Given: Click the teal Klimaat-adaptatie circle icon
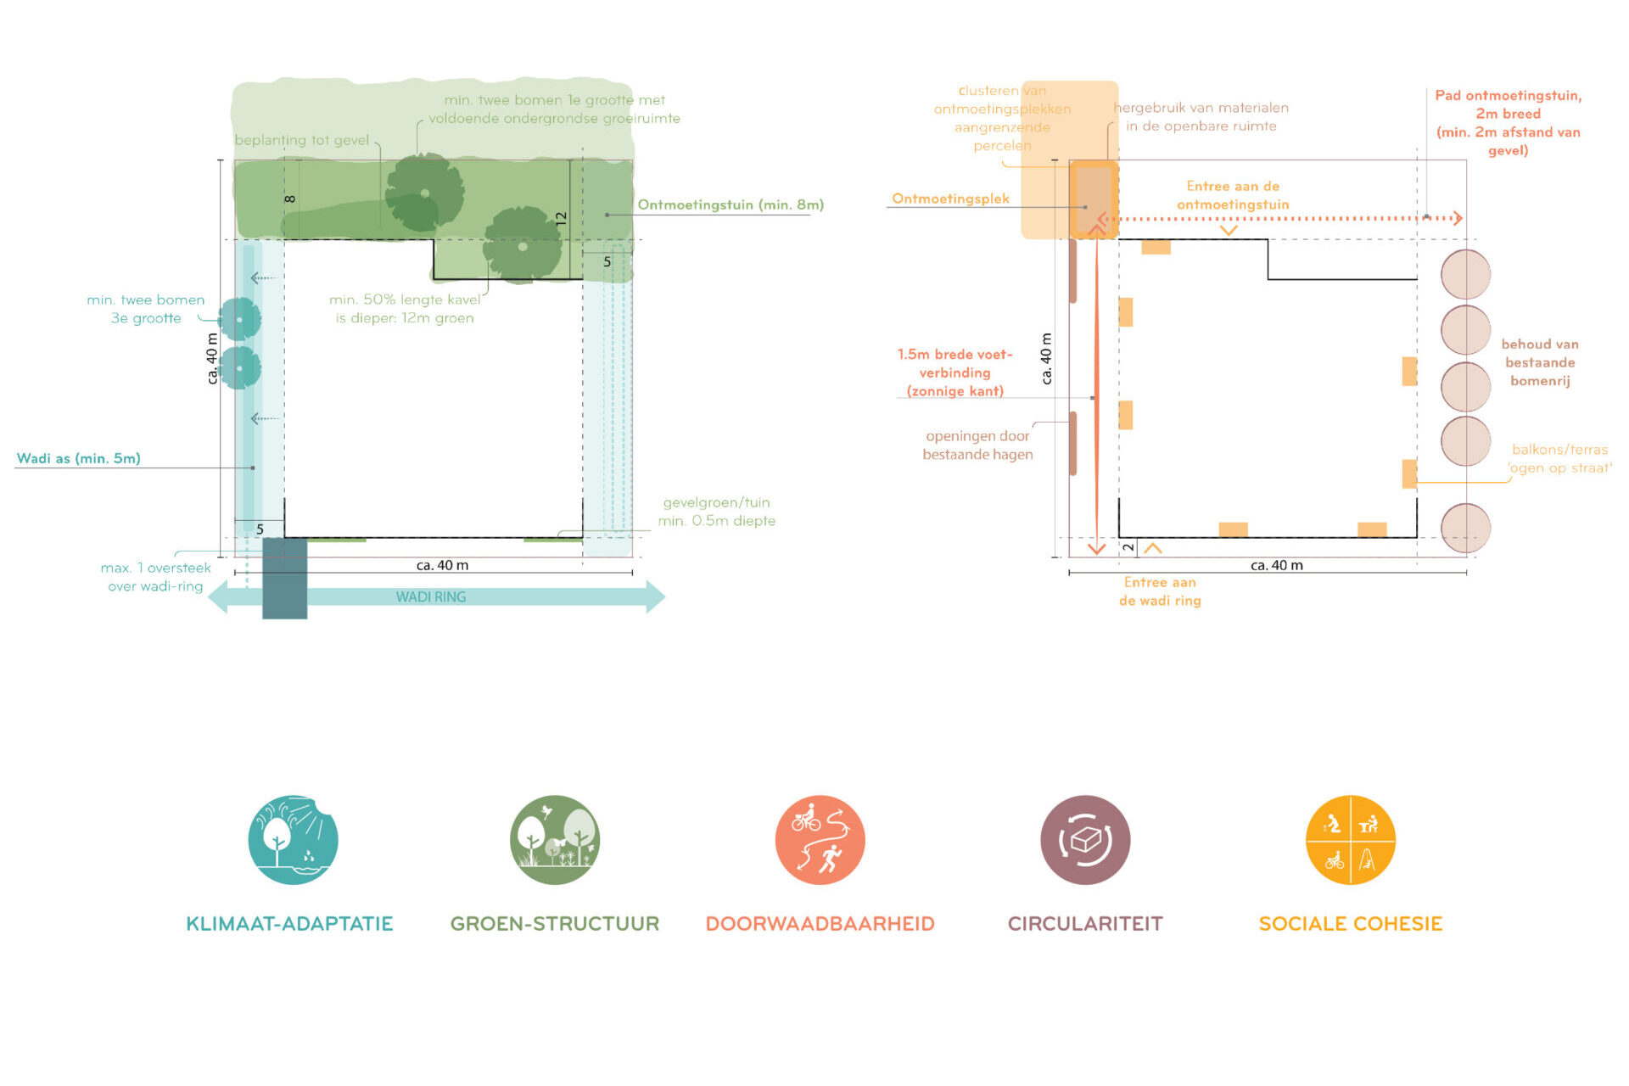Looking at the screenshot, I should coord(293,840).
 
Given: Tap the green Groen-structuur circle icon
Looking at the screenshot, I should coord(555,840).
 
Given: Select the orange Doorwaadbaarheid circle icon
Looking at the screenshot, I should coord(820,840).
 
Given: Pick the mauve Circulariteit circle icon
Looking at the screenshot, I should coord(1085,840).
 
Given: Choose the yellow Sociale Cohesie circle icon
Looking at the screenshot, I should coord(1350,840).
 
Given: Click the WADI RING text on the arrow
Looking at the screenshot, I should coord(431,597).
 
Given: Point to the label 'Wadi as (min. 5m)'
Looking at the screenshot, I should coord(79,459).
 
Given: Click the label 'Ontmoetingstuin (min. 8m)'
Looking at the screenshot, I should coord(731,204).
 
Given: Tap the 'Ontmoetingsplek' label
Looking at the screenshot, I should coord(950,199).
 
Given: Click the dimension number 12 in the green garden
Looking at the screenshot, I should coord(561,218).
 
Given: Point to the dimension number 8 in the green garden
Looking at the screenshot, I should coord(290,199).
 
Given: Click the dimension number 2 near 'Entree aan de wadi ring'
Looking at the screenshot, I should coord(1128,548).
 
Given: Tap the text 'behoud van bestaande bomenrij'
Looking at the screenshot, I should coord(1540,362).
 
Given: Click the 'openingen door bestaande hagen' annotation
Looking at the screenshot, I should coord(977,445).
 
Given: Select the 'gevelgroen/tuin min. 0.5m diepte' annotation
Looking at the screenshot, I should coord(716,512).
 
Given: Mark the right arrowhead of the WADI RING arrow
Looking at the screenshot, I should coord(655,597).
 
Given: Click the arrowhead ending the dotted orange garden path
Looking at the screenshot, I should coord(1458,218).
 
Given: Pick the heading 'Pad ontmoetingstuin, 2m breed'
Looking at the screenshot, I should coord(1508,104).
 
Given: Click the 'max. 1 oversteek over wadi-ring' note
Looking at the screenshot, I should coord(155,577).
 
